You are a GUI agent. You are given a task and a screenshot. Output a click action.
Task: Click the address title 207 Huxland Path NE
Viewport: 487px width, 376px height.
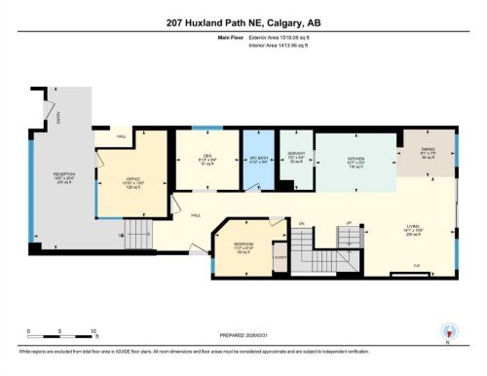243,23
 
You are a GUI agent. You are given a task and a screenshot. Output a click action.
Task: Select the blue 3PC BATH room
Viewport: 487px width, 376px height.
257,160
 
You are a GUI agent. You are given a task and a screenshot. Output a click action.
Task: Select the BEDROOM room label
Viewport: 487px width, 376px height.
243,244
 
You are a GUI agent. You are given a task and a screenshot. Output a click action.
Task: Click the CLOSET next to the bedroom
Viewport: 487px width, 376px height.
281,258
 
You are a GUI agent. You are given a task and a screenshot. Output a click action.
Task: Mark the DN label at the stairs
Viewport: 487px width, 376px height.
302,223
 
